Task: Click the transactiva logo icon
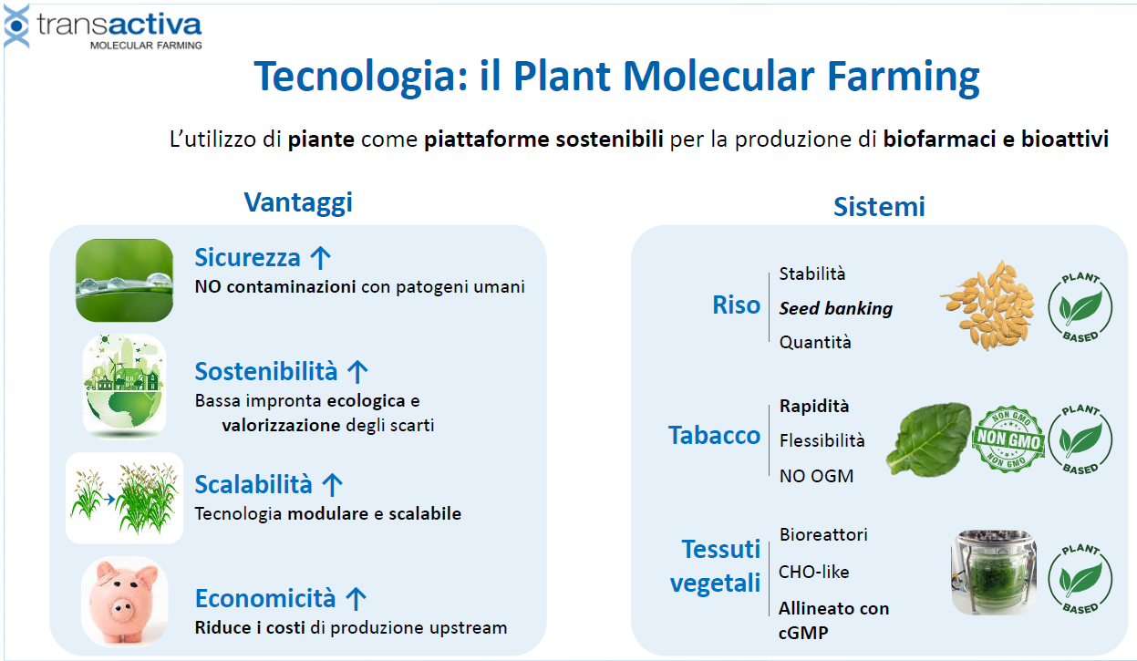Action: coord(16,26)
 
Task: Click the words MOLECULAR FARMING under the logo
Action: coord(146,46)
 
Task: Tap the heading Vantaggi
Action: coord(298,202)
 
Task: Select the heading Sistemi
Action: coord(879,207)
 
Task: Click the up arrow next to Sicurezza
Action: coord(320,257)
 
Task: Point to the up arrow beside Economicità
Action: coord(356,599)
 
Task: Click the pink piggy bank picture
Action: coord(124,602)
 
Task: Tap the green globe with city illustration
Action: coord(124,387)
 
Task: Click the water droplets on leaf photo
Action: coord(124,280)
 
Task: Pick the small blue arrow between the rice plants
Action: coord(109,500)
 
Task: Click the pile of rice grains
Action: coord(987,305)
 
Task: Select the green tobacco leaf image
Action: coord(929,439)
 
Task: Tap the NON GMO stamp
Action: coord(1008,439)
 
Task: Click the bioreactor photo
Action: coord(994,573)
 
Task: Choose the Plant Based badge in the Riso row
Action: coord(1080,307)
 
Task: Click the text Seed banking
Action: coord(836,308)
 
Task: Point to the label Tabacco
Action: coord(714,436)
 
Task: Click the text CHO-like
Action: coord(813,573)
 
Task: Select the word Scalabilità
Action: coord(253,484)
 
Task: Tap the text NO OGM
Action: coord(816,476)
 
